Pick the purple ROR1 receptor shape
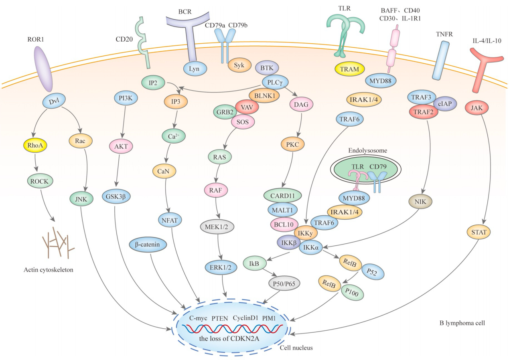point(43,69)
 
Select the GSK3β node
point(115,197)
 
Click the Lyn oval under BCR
point(195,69)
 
